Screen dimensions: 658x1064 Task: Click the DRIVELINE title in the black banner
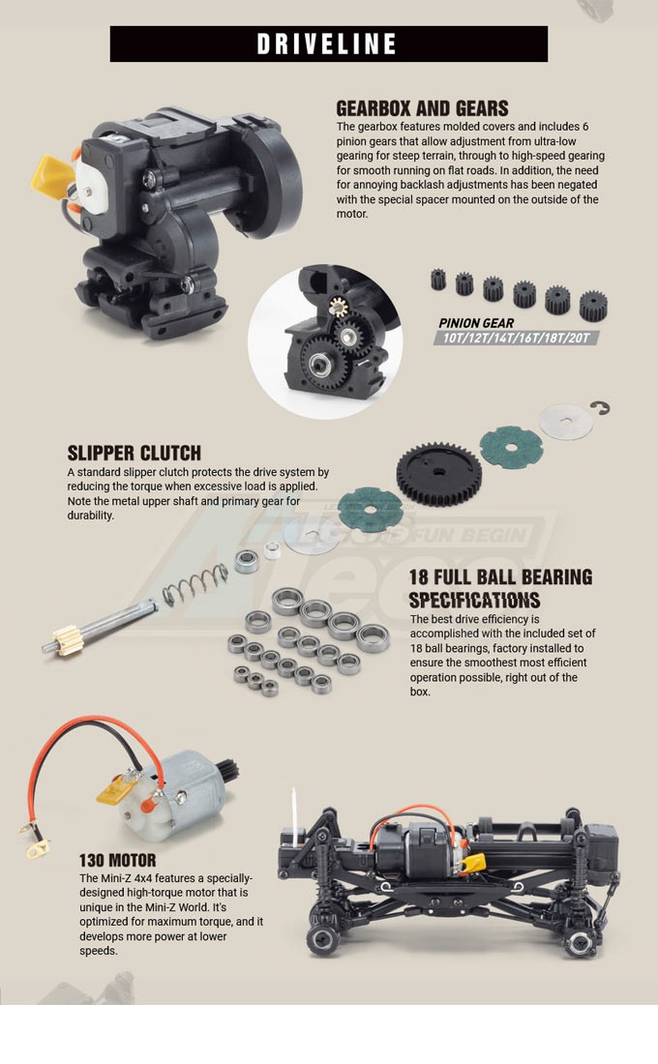pos(327,44)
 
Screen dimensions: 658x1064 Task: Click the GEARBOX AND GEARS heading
pos(422,108)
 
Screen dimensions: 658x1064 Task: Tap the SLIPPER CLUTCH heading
pos(134,453)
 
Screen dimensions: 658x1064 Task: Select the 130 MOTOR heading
pos(117,861)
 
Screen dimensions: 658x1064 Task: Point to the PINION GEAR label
pos(476,323)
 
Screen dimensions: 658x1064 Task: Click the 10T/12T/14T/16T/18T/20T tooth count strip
pos(517,338)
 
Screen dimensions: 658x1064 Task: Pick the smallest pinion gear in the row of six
pos(438,279)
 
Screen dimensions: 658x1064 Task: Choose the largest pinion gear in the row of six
pos(593,306)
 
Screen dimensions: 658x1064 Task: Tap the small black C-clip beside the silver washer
pos(600,407)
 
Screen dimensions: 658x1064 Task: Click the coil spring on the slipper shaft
pos(195,585)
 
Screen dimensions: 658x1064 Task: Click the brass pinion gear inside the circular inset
pos(338,308)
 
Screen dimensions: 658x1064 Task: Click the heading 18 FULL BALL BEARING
pos(500,576)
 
